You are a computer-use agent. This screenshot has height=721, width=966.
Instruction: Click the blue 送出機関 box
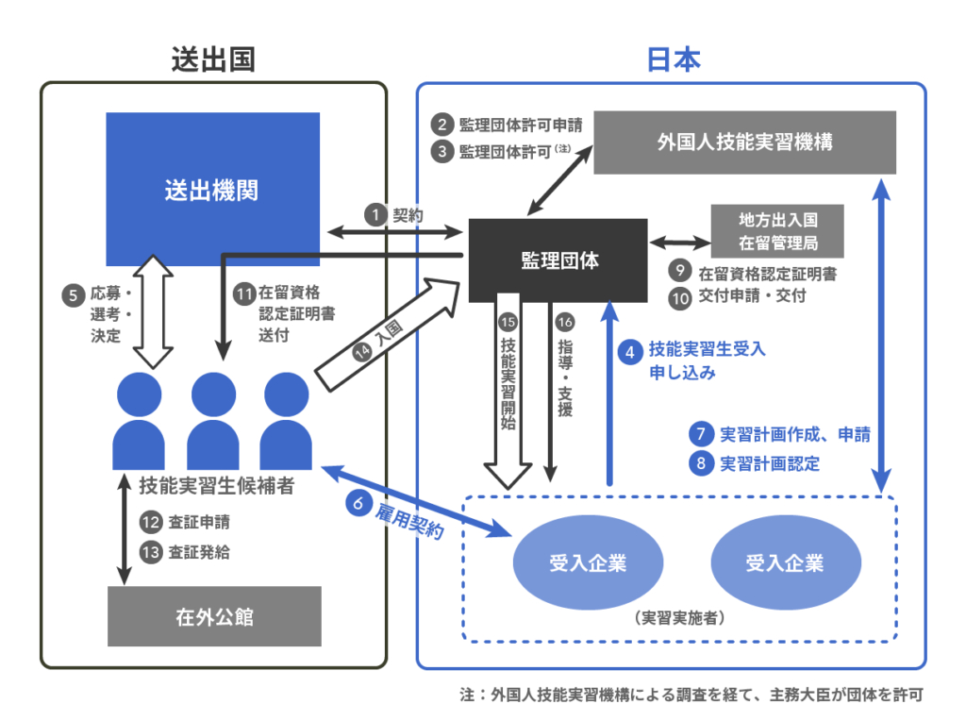pyautogui.click(x=212, y=190)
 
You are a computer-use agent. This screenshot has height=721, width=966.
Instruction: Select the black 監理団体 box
pyautogui.click(x=558, y=260)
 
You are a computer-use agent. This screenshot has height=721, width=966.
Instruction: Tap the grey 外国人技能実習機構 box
pyautogui.click(x=744, y=143)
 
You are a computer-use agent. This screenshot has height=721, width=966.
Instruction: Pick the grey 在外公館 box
pyautogui.click(x=214, y=618)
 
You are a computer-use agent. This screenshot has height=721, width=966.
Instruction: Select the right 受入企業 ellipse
pyautogui.click(x=785, y=563)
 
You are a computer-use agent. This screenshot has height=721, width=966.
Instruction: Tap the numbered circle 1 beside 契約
pyautogui.click(x=375, y=215)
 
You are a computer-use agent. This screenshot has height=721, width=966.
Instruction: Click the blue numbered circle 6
pyautogui.click(x=358, y=504)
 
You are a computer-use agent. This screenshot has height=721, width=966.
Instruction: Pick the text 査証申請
pyautogui.click(x=198, y=521)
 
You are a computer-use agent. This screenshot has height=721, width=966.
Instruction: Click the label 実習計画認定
pyautogui.click(x=770, y=463)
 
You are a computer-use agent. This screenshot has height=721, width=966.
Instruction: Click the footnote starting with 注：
pyautogui.click(x=690, y=695)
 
